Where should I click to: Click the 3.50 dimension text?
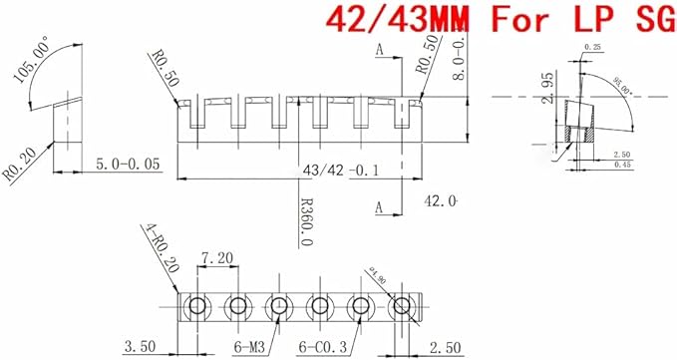[140, 346]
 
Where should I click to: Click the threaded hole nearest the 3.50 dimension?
[196, 305]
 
